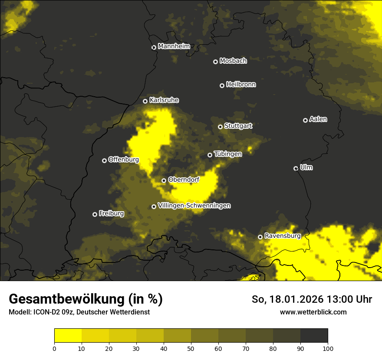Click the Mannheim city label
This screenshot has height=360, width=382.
pos(174,46)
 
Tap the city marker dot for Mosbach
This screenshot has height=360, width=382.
pos(215,62)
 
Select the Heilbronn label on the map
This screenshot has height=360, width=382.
pos(241,85)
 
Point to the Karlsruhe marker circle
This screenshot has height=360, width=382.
pos(145,101)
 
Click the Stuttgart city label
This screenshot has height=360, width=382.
pos(238,126)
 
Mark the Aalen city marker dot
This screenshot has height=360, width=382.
pos(305,120)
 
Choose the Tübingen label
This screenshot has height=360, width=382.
pos(228,154)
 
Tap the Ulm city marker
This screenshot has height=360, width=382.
pos(296,168)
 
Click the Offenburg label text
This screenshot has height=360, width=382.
pos(123,160)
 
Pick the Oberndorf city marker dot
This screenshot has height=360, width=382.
pos(164,180)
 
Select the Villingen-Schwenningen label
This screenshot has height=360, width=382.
pos(194,206)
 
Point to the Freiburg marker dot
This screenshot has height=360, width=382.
pos(95,214)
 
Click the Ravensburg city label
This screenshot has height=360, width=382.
pos(282,236)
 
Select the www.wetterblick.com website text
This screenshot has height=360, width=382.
pos(313,312)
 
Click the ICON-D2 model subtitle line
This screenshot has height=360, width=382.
pos(79,312)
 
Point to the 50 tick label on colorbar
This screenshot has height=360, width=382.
pos(191,348)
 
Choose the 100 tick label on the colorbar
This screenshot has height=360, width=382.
pos(327,348)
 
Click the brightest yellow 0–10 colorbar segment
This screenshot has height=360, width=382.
pos(68,336)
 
